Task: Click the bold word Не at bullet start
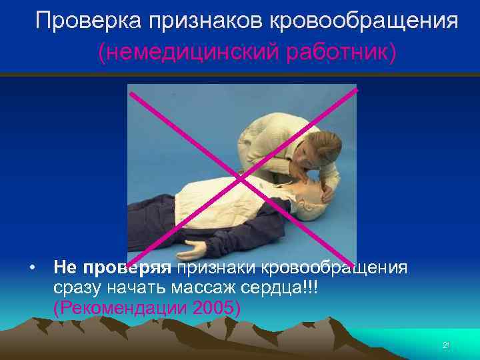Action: click(65, 267)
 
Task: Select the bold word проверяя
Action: click(127, 267)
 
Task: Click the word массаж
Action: click(197, 288)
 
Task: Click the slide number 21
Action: click(446, 345)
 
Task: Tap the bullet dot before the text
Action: click(31, 268)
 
